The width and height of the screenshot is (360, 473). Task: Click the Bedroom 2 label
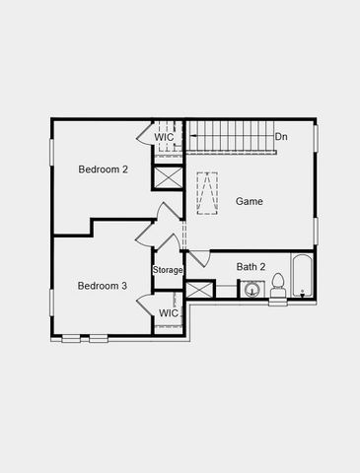pyautogui.click(x=104, y=169)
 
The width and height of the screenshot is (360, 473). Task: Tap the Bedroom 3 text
pyautogui.click(x=103, y=286)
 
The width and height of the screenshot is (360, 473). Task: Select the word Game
pyautogui.click(x=249, y=201)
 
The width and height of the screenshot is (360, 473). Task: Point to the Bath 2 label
pyautogui.click(x=251, y=266)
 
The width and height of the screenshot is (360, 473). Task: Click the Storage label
pyautogui.click(x=168, y=270)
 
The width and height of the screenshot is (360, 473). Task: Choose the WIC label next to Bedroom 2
pyautogui.click(x=164, y=137)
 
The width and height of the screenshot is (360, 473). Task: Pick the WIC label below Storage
pyautogui.click(x=169, y=313)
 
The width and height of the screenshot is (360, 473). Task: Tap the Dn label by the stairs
pyautogui.click(x=282, y=137)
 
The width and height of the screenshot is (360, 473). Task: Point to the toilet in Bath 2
pyautogui.click(x=278, y=286)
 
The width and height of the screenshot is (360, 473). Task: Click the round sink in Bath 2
pyautogui.click(x=252, y=291)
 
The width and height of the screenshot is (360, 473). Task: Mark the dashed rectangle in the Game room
pyautogui.click(x=207, y=193)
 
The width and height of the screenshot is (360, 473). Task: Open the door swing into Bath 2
pyautogui.click(x=197, y=258)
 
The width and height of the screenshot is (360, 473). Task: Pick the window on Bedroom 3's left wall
pyautogui.click(x=52, y=303)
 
